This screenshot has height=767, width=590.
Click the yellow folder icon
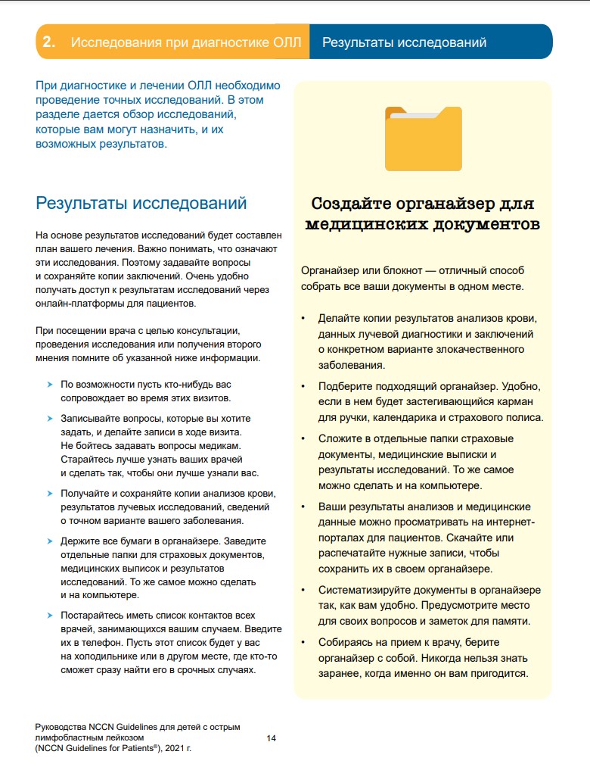423,139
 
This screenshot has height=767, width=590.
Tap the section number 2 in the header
48,42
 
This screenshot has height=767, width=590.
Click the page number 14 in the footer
272,737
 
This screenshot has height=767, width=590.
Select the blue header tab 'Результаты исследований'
404,42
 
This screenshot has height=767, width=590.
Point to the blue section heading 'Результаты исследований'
141,203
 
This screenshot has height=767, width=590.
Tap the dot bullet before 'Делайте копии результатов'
303,319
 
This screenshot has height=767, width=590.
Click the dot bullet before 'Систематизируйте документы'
303,590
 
